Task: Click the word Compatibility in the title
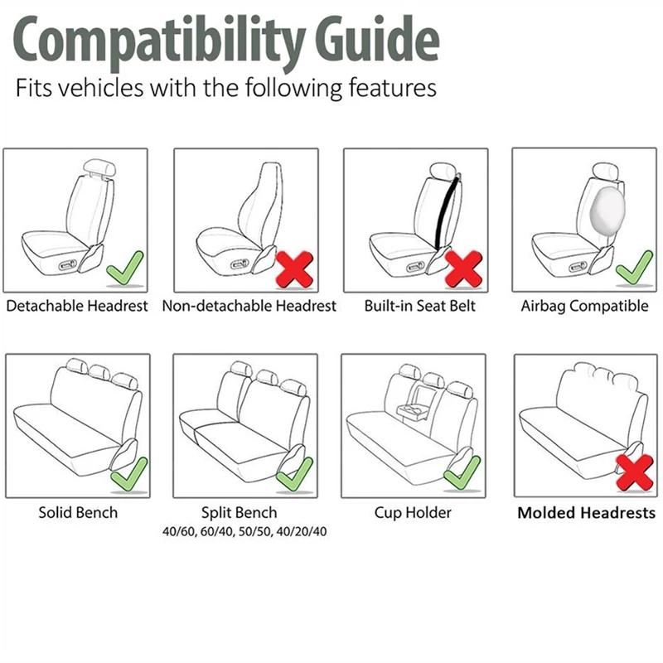click(x=159, y=43)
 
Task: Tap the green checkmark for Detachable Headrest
click(x=125, y=268)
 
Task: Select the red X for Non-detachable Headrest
click(x=294, y=269)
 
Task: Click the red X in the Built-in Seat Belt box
click(x=463, y=269)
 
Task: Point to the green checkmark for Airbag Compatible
click(x=634, y=268)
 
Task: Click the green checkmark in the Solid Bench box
click(x=129, y=474)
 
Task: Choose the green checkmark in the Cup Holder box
click(x=462, y=472)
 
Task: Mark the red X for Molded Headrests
click(x=635, y=472)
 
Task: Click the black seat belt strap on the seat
click(x=446, y=211)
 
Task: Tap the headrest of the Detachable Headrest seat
click(x=99, y=168)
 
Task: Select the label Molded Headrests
click(x=587, y=512)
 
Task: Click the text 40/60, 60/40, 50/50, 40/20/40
click(x=244, y=531)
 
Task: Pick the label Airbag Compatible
click(x=584, y=306)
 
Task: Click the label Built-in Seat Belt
click(x=420, y=306)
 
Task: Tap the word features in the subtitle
click(x=392, y=88)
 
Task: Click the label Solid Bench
click(x=78, y=512)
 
